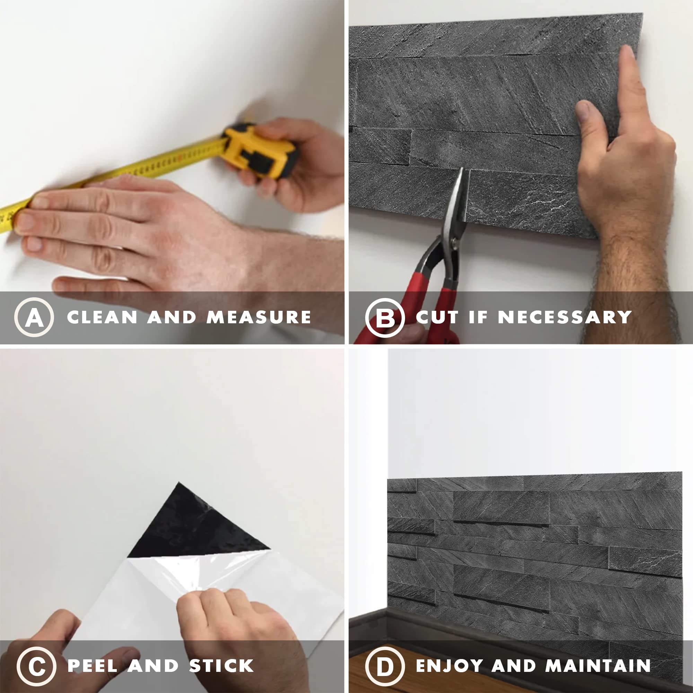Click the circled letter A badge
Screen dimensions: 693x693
34,317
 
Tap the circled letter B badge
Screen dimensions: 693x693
385,317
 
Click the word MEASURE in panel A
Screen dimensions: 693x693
258,317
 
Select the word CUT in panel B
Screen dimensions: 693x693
437,317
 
